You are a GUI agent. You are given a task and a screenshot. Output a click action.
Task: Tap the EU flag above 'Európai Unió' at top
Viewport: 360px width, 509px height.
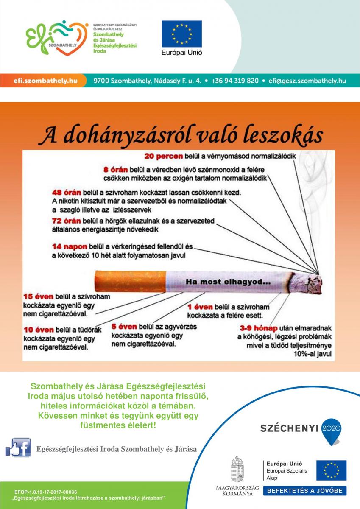coord(181,34)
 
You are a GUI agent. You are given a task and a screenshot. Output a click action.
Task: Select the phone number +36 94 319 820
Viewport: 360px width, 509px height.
coord(234,81)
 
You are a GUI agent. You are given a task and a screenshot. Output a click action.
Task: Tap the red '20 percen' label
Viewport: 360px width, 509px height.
coord(163,156)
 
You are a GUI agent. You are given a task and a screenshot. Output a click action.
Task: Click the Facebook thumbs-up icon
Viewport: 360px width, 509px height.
coord(18,447)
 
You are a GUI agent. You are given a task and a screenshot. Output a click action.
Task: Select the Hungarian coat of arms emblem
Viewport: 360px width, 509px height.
coord(237,470)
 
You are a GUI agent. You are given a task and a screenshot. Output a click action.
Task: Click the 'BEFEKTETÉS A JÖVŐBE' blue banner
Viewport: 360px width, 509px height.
coord(305,491)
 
